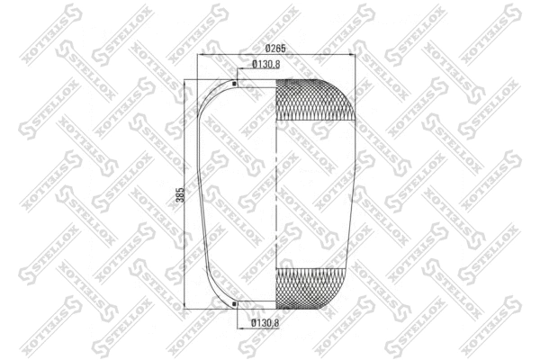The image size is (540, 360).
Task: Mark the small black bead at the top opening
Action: click(235, 85)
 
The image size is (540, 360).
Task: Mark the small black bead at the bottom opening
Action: click(235, 303)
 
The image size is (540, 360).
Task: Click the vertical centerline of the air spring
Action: click(274, 193)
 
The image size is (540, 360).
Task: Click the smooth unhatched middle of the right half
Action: click(315, 193)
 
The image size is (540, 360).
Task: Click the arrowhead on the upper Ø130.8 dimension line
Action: click(238, 71)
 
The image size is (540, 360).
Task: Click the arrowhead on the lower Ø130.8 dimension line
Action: click(238, 316)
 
